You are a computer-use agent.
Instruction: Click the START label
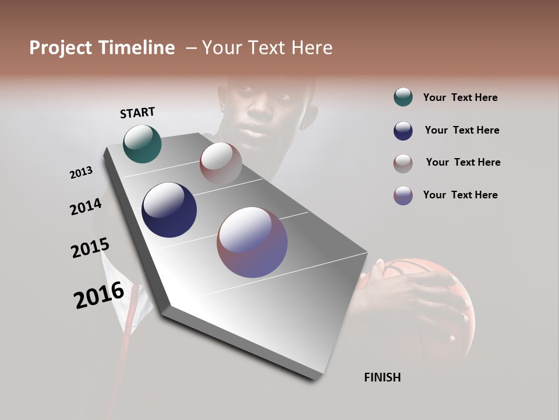(x=137, y=113)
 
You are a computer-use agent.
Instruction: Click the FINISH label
(x=382, y=377)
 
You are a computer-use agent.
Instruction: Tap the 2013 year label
(x=82, y=173)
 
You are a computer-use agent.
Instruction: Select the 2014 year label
(x=86, y=207)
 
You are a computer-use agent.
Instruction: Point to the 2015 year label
(x=90, y=248)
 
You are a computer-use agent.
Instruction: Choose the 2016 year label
(x=99, y=295)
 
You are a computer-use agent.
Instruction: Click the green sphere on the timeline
(x=142, y=143)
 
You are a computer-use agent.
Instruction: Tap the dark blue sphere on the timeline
(x=169, y=210)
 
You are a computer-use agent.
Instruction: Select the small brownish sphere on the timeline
(x=221, y=163)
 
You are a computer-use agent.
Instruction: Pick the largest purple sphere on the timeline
(x=252, y=242)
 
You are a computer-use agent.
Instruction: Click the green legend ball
(x=403, y=97)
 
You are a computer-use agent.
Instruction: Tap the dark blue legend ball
(x=403, y=131)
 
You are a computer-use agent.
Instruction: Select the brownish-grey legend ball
(x=403, y=163)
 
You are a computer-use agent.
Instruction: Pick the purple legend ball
(x=403, y=195)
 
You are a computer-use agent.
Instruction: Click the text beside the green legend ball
(x=460, y=98)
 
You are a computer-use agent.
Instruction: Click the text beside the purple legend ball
(x=460, y=195)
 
